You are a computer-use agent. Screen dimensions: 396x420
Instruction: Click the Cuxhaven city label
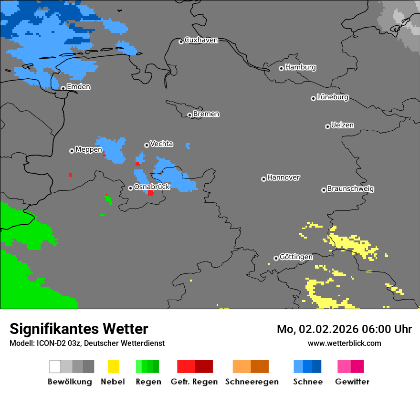(x=201, y=40)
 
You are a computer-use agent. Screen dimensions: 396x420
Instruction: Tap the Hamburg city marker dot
(x=281, y=68)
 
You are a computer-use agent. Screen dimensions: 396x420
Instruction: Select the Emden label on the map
(x=78, y=87)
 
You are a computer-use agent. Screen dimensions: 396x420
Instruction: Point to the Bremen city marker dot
(x=189, y=115)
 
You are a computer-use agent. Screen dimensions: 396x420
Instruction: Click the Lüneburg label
(x=332, y=97)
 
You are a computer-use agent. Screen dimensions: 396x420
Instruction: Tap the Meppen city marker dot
(x=72, y=151)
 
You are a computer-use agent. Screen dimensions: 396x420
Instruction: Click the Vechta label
(x=161, y=144)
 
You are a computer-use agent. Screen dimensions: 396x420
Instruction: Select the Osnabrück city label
(x=152, y=187)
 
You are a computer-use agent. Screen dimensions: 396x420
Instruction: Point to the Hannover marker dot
(x=263, y=179)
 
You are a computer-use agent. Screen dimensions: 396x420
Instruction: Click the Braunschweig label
(x=350, y=189)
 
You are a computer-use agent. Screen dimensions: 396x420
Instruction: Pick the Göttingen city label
(x=296, y=257)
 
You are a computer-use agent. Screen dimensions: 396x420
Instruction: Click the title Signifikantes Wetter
(x=79, y=329)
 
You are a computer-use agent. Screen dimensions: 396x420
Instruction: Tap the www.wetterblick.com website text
(x=344, y=343)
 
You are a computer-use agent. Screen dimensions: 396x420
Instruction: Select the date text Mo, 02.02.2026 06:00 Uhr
(x=344, y=329)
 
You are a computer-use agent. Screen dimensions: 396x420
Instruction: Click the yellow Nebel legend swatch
(x=113, y=366)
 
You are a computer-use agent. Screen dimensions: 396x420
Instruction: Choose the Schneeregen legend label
(x=252, y=382)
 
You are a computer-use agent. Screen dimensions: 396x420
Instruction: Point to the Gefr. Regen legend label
(x=194, y=382)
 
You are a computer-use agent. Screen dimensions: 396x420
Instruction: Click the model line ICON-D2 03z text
(x=87, y=343)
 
